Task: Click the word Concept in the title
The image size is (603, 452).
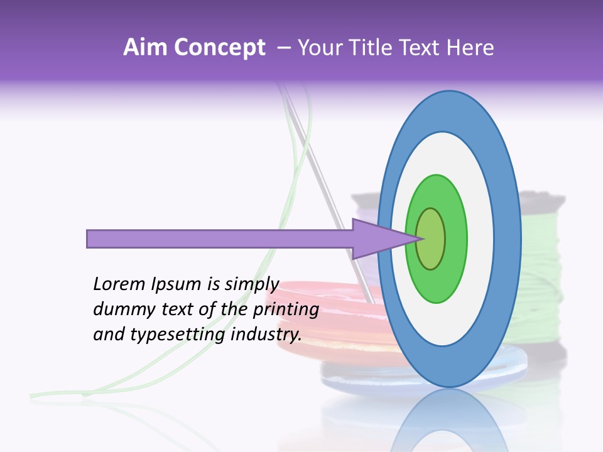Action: [219, 48]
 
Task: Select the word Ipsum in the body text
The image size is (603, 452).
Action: [177, 284]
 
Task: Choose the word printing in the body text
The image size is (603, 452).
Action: [285, 309]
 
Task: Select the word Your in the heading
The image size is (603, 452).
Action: [318, 48]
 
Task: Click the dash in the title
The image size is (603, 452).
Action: [283, 48]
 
